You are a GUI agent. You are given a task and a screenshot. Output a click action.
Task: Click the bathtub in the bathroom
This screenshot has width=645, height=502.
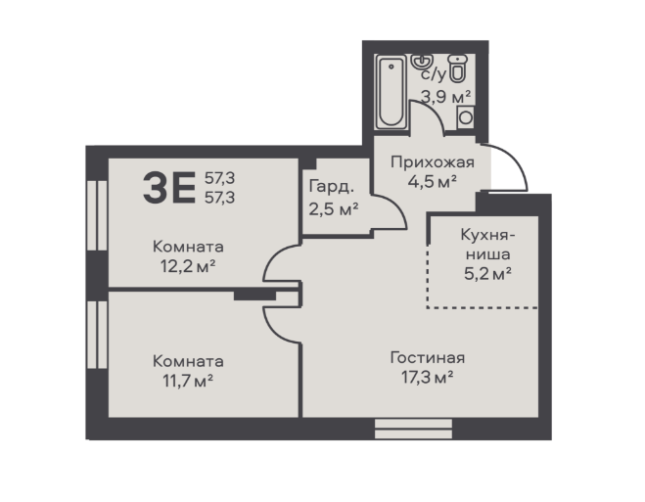click(391, 92)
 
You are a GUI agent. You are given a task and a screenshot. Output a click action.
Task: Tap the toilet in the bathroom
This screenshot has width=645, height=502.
click(457, 68)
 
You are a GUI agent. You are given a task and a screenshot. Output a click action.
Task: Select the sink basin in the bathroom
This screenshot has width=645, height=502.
click(421, 62)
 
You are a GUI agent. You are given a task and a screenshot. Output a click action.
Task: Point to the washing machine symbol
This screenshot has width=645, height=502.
click(465, 117)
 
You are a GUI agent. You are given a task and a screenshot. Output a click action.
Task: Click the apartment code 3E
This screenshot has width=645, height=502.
click(169, 188)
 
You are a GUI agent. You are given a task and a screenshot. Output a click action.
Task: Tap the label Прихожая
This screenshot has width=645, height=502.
click(433, 162)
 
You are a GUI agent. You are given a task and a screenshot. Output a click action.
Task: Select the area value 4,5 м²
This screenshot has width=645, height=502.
click(433, 181)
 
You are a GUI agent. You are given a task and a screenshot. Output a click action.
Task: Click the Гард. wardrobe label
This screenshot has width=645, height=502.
click(331, 187)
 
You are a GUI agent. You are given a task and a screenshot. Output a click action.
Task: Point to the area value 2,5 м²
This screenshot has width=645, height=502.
click(334, 209)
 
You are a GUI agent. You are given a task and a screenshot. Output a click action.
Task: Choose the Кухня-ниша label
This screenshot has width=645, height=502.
click(487, 245)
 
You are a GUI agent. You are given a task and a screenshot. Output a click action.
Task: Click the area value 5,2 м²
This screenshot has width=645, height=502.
click(487, 273)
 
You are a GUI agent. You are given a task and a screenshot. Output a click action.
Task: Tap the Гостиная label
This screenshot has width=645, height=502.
click(428, 358)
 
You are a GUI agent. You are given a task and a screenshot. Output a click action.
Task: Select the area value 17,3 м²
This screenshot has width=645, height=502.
click(428, 377)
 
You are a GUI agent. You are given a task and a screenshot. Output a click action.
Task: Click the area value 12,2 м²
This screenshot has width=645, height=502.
click(188, 266)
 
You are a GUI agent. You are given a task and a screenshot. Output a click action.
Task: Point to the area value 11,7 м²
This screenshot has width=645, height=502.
click(188, 381)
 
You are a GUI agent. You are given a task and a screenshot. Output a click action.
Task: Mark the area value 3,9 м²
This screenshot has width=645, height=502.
click(446, 98)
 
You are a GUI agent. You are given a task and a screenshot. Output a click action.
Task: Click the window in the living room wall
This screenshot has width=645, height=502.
click(413, 429)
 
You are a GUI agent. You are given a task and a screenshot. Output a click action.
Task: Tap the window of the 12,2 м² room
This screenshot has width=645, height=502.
click(97, 215)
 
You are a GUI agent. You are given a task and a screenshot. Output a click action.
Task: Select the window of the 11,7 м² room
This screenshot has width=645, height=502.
click(97, 335)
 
